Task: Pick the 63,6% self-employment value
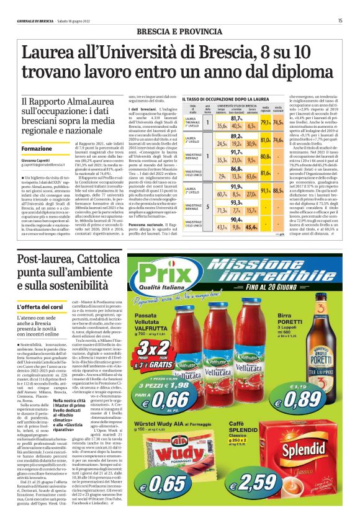click(252, 176)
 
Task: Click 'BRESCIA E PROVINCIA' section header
click(180, 30)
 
